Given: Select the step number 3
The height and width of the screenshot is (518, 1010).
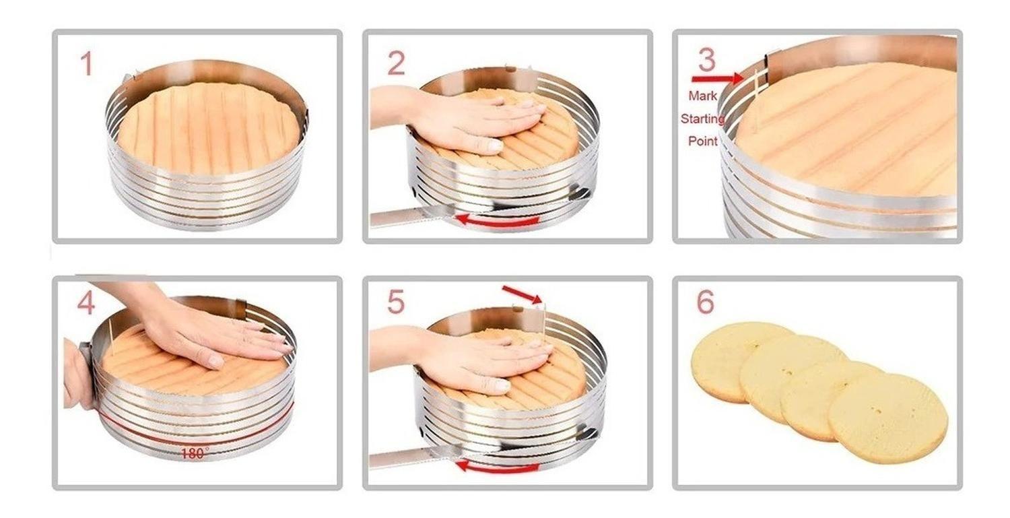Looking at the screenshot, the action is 706,60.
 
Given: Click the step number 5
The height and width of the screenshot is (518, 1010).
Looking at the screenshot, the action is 396,302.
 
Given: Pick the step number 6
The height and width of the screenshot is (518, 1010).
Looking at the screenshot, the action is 706,302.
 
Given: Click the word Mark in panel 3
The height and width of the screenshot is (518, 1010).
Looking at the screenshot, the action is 702,96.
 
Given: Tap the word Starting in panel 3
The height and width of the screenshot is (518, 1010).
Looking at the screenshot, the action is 702,119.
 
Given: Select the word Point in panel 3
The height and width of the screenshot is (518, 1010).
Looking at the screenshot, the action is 702,141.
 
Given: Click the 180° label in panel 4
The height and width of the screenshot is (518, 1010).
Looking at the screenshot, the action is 195,453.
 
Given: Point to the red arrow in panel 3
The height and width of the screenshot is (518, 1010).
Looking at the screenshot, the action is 717,79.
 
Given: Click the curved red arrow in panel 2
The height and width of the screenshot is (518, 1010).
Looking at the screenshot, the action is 498,221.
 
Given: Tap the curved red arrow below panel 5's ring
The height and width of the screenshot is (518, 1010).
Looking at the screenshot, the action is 498,467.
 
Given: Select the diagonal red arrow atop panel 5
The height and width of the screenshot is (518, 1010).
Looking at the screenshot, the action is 522,294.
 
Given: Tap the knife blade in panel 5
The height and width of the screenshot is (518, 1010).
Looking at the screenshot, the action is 413,457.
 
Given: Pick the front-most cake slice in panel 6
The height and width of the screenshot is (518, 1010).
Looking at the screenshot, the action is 887,418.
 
